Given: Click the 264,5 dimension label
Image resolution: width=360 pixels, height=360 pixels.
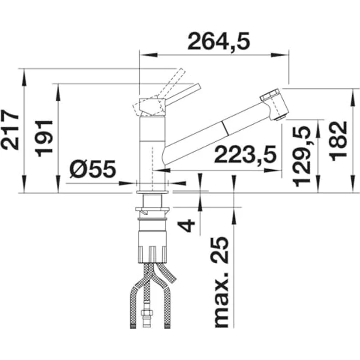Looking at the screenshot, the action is click(219, 41).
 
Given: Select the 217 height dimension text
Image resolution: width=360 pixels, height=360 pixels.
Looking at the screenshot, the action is click(10, 130).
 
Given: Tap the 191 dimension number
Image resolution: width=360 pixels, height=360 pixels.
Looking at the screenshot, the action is click(44, 138).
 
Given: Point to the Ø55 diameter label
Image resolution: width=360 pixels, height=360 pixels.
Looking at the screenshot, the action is click(93, 169).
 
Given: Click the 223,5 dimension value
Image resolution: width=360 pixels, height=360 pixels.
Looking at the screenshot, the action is click(245, 154).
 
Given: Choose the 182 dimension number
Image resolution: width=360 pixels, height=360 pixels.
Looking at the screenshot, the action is click(337, 141).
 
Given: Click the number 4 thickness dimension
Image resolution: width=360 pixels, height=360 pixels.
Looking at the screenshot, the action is click(186, 225).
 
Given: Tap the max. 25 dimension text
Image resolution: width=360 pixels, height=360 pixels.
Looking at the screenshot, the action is click(221, 282).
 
